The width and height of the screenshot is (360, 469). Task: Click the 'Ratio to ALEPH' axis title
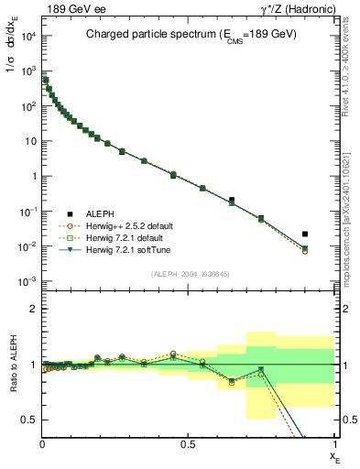12,365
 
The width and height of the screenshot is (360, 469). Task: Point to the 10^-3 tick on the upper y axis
26,281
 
